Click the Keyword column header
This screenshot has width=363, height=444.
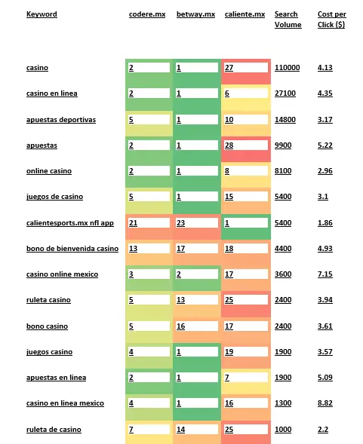42,14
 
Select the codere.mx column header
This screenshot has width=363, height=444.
147,14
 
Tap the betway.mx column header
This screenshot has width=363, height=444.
195,14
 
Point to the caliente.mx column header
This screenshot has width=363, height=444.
245,14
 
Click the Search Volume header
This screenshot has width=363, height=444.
288,20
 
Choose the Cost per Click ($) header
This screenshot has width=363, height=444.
332,20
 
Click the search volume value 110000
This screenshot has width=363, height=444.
287,68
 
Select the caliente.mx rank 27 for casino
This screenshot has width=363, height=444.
229,68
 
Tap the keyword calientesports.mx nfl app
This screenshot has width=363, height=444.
70,223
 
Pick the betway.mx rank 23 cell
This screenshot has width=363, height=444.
180,223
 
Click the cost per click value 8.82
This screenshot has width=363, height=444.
325,403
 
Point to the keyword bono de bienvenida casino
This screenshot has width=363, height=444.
72,249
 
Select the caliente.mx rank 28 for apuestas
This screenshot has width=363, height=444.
229,145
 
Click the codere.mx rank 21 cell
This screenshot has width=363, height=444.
133,223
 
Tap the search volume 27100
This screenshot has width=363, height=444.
285,93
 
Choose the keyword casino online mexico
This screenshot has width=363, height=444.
62,274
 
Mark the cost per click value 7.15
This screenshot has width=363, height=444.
325,274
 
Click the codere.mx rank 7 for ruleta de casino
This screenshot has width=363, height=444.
131,430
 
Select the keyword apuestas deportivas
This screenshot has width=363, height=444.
61,120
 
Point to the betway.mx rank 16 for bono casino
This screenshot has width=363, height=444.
180,326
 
